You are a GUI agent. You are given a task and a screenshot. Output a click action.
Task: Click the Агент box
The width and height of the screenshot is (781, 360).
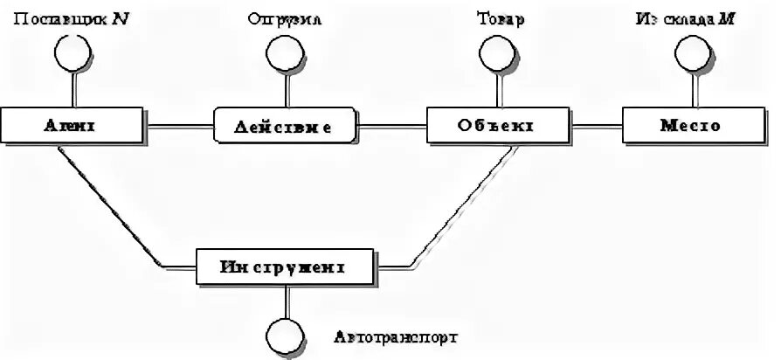[x=73, y=126]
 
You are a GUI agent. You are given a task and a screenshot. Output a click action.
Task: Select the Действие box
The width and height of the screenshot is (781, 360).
[x=286, y=126]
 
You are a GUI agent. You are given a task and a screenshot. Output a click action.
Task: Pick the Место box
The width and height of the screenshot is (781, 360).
[x=690, y=126]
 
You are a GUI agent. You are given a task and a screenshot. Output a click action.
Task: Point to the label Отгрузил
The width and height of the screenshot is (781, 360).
[x=285, y=18]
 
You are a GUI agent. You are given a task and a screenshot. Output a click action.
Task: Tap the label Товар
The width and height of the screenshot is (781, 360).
[x=501, y=18]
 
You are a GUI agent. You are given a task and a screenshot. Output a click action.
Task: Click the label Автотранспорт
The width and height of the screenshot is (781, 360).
[x=395, y=336]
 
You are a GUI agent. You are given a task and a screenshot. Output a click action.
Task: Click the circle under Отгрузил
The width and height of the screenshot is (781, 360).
[x=285, y=55]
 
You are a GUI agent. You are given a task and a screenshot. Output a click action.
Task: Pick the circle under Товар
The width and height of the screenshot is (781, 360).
[x=495, y=55]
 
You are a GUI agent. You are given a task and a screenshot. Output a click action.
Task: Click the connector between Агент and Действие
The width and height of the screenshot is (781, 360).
[x=180, y=127]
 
